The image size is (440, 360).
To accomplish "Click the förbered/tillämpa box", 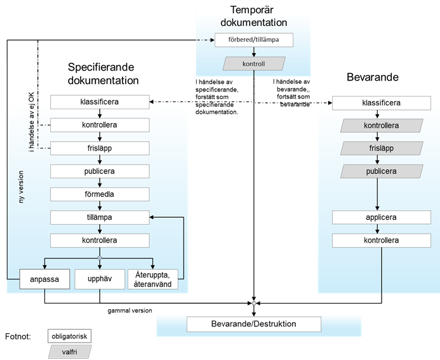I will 253,40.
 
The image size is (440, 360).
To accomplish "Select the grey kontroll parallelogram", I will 253,64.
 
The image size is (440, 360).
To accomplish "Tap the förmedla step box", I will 100,194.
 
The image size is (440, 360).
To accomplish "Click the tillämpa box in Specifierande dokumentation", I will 100,217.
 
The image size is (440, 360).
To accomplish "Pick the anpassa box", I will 44,279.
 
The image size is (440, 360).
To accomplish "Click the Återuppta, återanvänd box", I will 153,279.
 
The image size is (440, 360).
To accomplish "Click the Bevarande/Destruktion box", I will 253,324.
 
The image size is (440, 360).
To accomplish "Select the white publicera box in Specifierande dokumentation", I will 100,171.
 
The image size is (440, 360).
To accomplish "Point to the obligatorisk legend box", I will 69,335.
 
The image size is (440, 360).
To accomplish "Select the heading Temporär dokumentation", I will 254,16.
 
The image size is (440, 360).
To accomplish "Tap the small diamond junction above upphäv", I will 100,257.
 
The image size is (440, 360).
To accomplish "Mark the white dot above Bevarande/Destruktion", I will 253,303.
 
